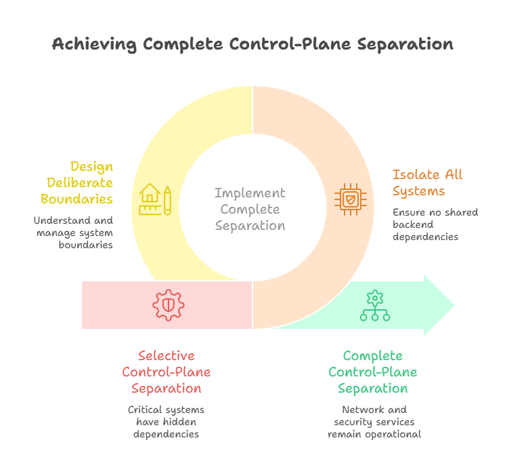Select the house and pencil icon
coord(155,199)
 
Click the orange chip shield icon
coord(350,199)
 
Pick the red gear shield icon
coord(168,305)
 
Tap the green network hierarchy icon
coord(374,306)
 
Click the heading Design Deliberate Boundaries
coord(76,182)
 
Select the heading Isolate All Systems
coord(427,182)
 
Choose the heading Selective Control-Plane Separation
coord(167,372)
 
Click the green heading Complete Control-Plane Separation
coord(373,372)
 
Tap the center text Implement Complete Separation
coord(250,209)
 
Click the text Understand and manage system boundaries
coord(74,232)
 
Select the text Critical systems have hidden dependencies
coord(167,422)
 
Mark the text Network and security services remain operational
coord(374,422)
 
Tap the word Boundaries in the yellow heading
coord(76,199)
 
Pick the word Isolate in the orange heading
coord(414,174)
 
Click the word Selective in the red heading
coord(167,356)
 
